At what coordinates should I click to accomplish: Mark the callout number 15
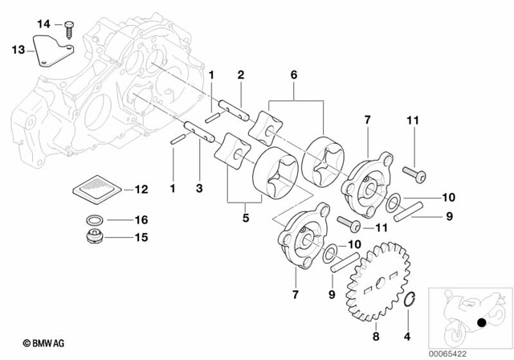141,237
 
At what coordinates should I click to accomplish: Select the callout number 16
141,219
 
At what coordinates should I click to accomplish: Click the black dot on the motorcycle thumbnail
483,324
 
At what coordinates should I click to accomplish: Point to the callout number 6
293,74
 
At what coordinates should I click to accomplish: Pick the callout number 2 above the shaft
240,75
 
